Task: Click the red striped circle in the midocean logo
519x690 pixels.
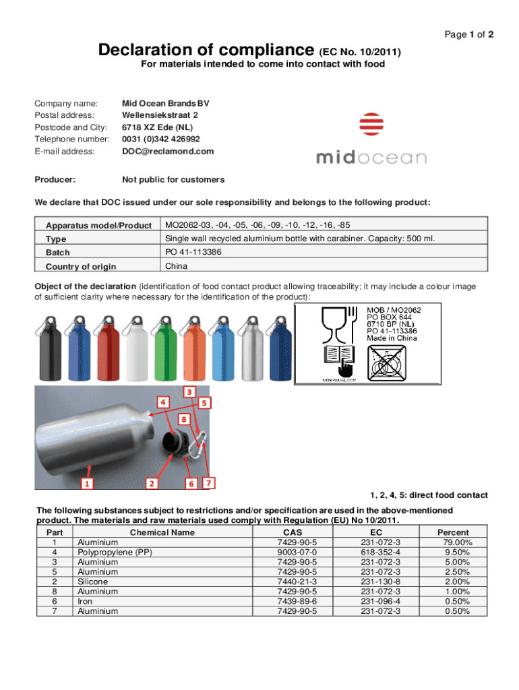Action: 371,127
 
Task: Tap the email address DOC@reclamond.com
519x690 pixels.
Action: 167,151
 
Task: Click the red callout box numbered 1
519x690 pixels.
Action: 86,483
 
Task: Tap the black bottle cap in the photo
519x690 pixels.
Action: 177,445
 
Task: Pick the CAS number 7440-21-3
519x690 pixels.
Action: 297,582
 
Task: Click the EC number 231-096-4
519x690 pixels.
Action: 380,601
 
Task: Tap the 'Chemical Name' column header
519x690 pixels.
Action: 162,532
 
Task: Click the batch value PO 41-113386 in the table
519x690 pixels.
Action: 193,252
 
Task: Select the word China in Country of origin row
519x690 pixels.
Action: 177,266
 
